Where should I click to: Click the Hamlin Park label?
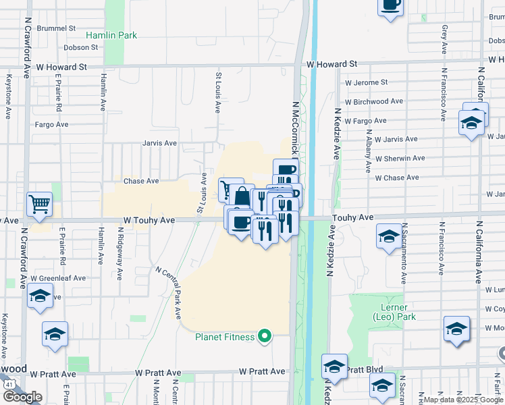[111, 34]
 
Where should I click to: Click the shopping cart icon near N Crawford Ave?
[40, 204]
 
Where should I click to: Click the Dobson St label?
[81, 48]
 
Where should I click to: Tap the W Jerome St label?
[366, 82]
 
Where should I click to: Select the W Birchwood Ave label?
[374, 102]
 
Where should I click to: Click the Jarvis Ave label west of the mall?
[159, 143]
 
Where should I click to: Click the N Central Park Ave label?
[169, 292]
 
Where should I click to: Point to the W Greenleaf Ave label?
[61, 277]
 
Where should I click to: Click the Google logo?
[22, 396]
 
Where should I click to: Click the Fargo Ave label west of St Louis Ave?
[52, 124]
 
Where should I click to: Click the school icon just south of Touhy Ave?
[388, 237]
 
